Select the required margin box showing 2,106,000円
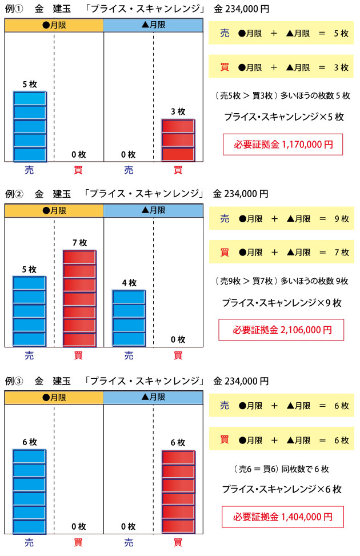[x=282, y=330]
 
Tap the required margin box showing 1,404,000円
[x=283, y=517]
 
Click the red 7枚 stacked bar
[x=79, y=298]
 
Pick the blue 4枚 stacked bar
[x=129, y=318]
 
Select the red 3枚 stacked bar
[x=178, y=141]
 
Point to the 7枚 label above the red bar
[x=79, y=243]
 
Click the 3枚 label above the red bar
[x=178, y=111]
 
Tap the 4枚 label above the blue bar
[x=129, y=282]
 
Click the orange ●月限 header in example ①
[x=54, y=25]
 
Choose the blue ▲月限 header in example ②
[x=153, y=210]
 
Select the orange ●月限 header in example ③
[x=54, y=397]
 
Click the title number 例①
[x=13, y=9]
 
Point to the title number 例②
[x=13, y=194]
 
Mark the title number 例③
[x=13, y=381]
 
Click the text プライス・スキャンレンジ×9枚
[x=281, y=303]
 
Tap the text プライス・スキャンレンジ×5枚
[x=283, y=117]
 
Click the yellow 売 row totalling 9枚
[x=283, y=219]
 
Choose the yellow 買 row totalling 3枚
[x=283, y=67]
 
